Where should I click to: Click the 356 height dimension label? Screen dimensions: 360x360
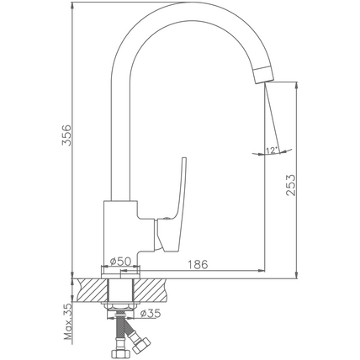tap(66, 135)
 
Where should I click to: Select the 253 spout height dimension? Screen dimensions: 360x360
tap(291, 185)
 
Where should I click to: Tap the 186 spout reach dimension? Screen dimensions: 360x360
tap(198, 264)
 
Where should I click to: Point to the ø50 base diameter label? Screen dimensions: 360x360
tap(120, 262)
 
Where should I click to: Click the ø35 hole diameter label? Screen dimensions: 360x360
tap(151, 313)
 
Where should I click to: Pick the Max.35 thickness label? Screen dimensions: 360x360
tap(68, 322)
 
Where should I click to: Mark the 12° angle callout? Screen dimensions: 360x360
tap(272, 151)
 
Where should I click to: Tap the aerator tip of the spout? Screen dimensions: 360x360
tap(264, 74)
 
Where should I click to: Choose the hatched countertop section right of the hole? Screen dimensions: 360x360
tap(150, 290)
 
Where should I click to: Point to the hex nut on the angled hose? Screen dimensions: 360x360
tap(141, 345)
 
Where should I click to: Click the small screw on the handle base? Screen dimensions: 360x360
tap(167, 219)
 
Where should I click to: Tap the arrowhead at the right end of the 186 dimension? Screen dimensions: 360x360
tap(262, 271)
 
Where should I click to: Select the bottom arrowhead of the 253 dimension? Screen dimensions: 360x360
tap(296, 275)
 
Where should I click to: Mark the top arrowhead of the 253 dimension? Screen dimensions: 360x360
tap(296, 86)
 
